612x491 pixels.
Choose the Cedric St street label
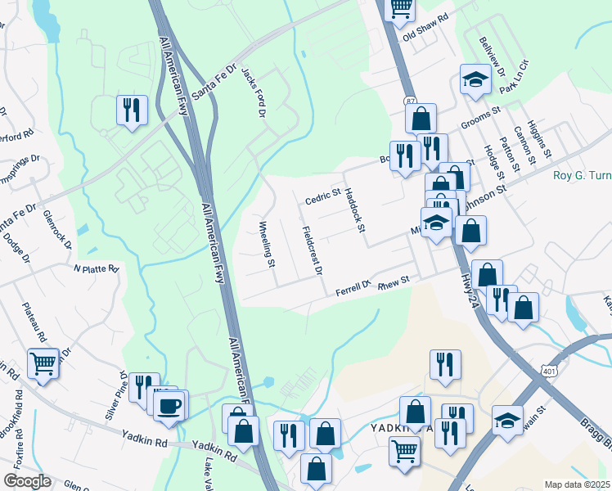(x=322, y=197)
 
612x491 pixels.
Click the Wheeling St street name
(x=266, y=244)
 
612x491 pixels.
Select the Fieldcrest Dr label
(x=312, y=250)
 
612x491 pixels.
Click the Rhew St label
(x=393, y=280)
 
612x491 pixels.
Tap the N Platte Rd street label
(x=97, y=268)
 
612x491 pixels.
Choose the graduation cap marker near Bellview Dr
(x=474, y=79)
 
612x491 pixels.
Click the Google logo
(x=27, y=481)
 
